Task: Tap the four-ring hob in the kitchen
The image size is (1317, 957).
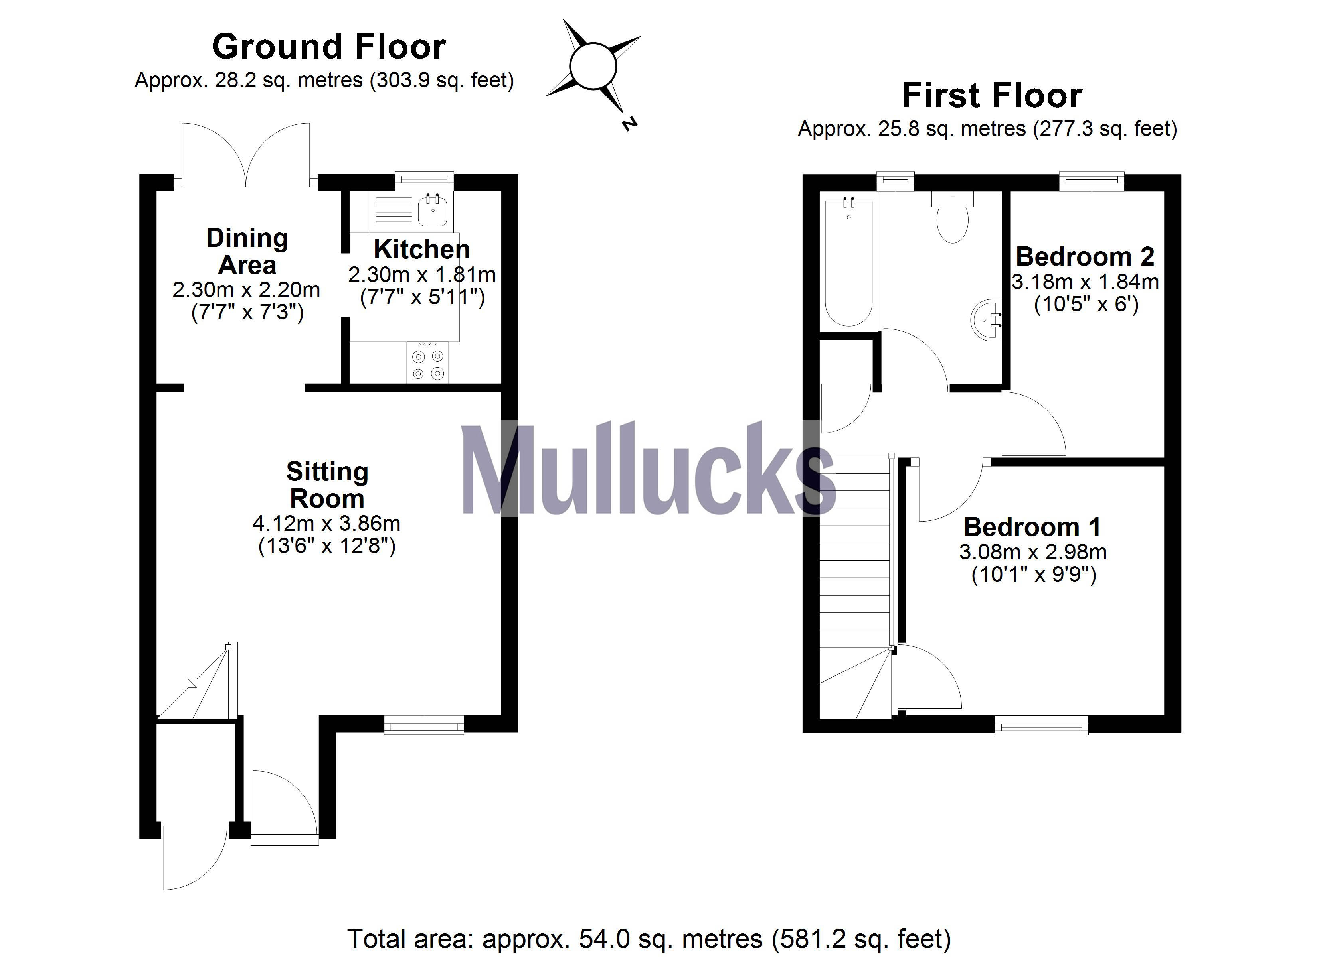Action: (428, 364)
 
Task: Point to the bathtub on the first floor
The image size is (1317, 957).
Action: (849, 262)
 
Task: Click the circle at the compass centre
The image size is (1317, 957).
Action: (593, 66)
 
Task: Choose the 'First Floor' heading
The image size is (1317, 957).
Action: (992, 96)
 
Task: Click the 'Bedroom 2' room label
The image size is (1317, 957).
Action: (1085, 256)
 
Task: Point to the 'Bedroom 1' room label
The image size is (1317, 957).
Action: (1032, 527)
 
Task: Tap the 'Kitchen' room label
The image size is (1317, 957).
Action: (421, 250)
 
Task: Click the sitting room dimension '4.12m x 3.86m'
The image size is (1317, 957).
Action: (326, 524)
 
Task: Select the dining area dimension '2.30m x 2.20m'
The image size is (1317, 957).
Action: (246, 289)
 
